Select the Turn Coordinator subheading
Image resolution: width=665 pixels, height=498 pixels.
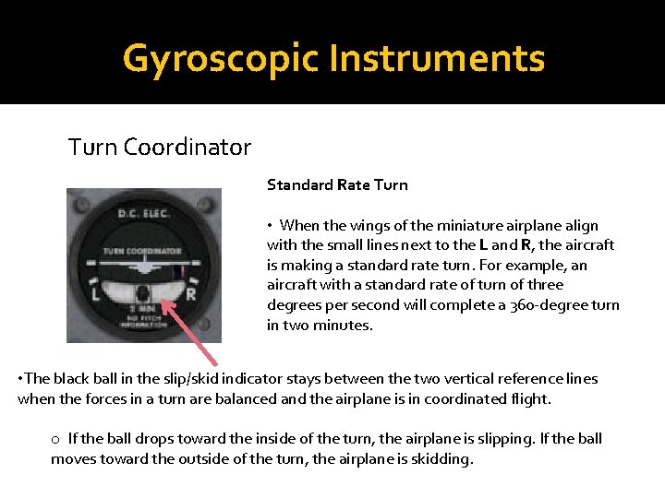(160, 147)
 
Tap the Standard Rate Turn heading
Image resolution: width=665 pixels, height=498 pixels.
(337, 184)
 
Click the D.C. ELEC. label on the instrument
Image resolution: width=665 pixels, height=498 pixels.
(143, 214)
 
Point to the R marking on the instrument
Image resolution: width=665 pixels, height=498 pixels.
(191, 294)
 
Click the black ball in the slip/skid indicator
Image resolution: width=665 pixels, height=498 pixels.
(143, 296)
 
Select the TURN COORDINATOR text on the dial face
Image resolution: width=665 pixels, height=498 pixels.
(142, 250)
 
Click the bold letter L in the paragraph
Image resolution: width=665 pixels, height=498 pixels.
(483, 245)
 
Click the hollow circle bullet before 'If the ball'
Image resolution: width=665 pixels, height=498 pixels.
(56, 439)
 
